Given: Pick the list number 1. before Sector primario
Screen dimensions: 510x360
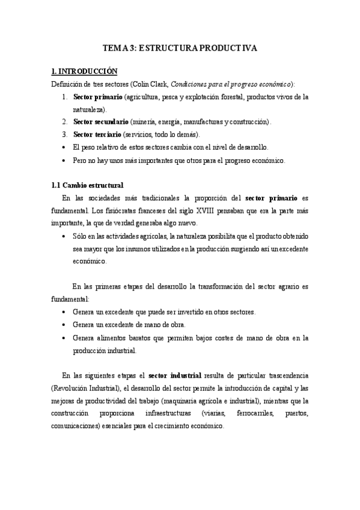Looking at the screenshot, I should point(65,96).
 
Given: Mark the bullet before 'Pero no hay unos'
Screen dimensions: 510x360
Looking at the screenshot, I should point(65,160).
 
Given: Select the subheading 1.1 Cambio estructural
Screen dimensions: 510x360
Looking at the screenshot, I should point(87,185).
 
